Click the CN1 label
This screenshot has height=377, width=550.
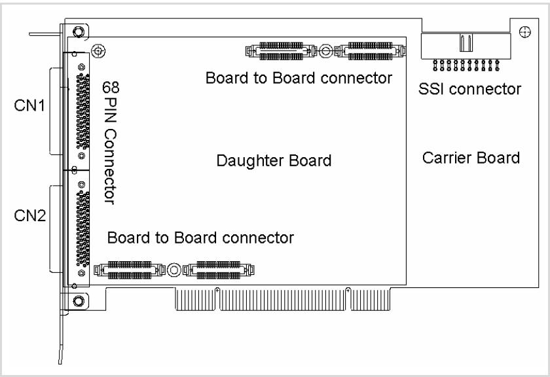coord(29,105)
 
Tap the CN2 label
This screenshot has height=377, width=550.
coord(30,215)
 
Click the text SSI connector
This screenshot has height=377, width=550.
coord(469,89)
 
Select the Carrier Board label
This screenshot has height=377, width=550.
coord(471,158)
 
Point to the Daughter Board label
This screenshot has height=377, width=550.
coord(274,160)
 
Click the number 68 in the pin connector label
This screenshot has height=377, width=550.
coord(111,87)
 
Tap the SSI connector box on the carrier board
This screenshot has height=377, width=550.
coord(466,46)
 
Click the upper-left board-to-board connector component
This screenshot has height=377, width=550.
coord(281,51)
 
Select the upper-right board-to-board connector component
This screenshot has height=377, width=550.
coord(370,51)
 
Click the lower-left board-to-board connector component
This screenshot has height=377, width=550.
coord(130,270)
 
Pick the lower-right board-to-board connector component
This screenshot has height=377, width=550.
coord(219,270)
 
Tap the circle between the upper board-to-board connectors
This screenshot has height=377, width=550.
coord(325,51)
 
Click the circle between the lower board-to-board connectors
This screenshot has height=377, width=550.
coord(174,270)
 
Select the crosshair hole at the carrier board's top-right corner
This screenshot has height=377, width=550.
coord(524,32)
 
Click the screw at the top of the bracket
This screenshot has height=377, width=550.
coord(78,32)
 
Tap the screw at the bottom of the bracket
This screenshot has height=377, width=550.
coord(78,300)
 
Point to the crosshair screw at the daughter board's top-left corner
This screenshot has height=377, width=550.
coord(98,51)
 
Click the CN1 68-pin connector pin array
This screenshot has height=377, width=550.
coord(82,111)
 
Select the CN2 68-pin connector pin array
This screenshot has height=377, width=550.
coord(82,229)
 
